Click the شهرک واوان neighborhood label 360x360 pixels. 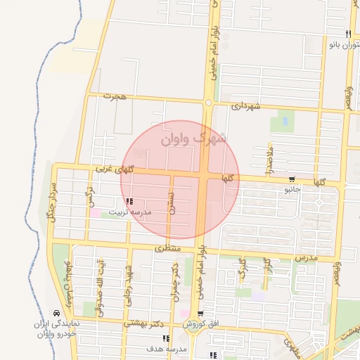pyautogui.click(x=194, y=138)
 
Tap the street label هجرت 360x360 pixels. pyautogui.click(x=115, y=96)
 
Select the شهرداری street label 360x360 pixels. pyautogui.click(x=245, y=105)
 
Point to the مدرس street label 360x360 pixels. pyautogui.click(x=307, y=258)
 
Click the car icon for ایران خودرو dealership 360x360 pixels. pyautogui.click(x=56, y=314)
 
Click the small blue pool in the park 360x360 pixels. pyautogui.click(x=285, y=120)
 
